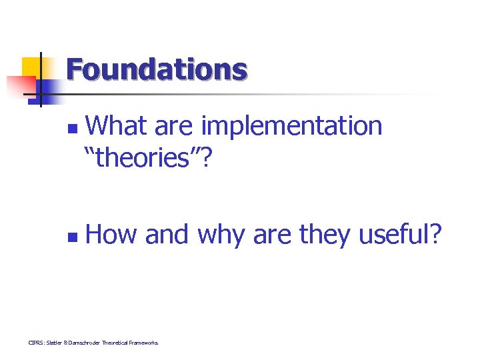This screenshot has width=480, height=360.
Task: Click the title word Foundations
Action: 157,69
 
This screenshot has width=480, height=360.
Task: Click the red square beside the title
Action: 20,86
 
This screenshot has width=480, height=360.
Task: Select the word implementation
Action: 291,125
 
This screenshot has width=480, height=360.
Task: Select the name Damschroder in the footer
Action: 87,343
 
